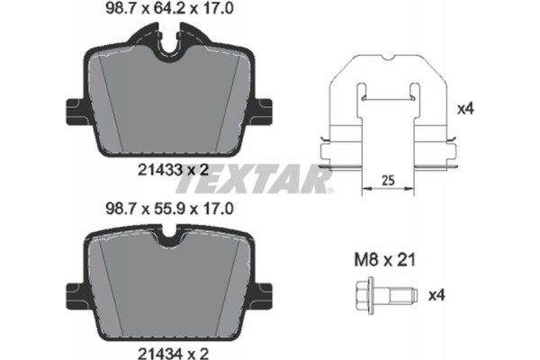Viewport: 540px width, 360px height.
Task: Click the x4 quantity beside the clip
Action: (x=465, y=110)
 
